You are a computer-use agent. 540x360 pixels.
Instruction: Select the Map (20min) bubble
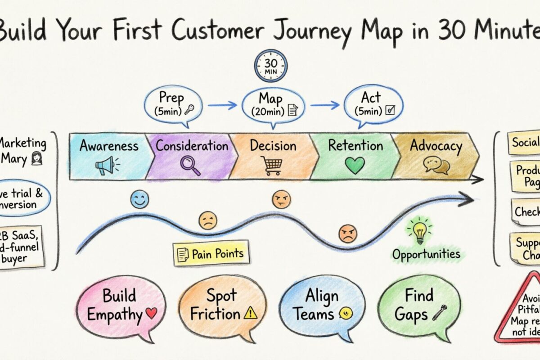pyautogui.click(x=273, y=104)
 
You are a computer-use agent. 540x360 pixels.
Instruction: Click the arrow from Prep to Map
pyautogui.click(x=223, y=105)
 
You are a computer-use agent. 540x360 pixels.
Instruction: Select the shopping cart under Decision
pyautogui.click(x=273, y=166)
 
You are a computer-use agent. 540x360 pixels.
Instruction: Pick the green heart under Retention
pyautogui.click(x=355, y=166)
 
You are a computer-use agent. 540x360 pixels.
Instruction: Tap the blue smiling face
pyautogui.click(x=139, y=199)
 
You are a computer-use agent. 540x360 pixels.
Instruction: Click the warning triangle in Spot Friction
pyautogui.click(x=250, y=314)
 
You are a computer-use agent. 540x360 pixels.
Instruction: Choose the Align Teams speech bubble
pyautogui.click(x=322, y=305)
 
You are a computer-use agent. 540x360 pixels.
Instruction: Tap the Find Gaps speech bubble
pyautogui.click(x=418, y=305)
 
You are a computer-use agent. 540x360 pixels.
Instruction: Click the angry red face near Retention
pyautogui.click(x=347, y=234)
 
